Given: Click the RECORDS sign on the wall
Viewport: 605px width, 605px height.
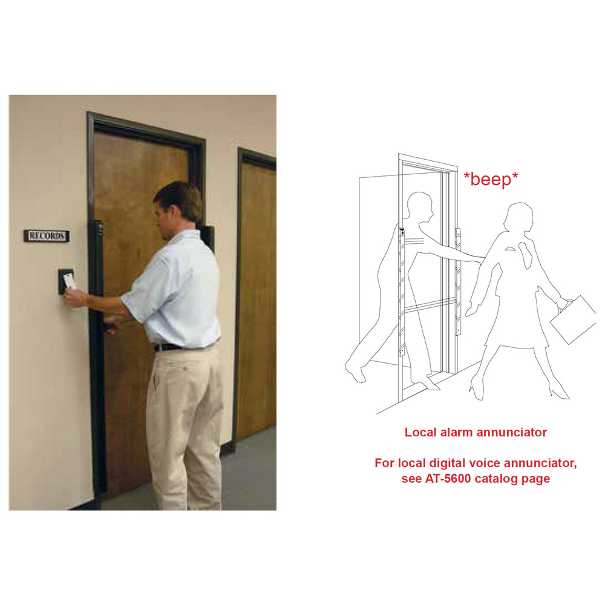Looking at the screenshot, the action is [x=47, y=235].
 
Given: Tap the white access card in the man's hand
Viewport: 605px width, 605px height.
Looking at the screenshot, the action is [x=70, y=281].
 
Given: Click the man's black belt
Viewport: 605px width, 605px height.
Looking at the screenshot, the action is [x=170, y=347].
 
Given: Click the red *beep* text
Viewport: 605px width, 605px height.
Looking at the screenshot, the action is [x=491, y=180].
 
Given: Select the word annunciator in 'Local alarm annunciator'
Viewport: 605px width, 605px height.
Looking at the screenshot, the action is [x=512, y=432].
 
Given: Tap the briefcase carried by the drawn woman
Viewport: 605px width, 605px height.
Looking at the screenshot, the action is [x=573, y=319].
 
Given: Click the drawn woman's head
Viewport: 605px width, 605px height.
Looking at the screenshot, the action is [x=519, y=218].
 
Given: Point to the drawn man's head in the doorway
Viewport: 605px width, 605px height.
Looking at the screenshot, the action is [x=420, y=208].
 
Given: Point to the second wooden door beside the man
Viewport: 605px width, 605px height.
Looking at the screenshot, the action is [x=256, y=297].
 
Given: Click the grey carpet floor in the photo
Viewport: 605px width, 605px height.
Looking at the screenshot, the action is [x=251, y=474].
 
